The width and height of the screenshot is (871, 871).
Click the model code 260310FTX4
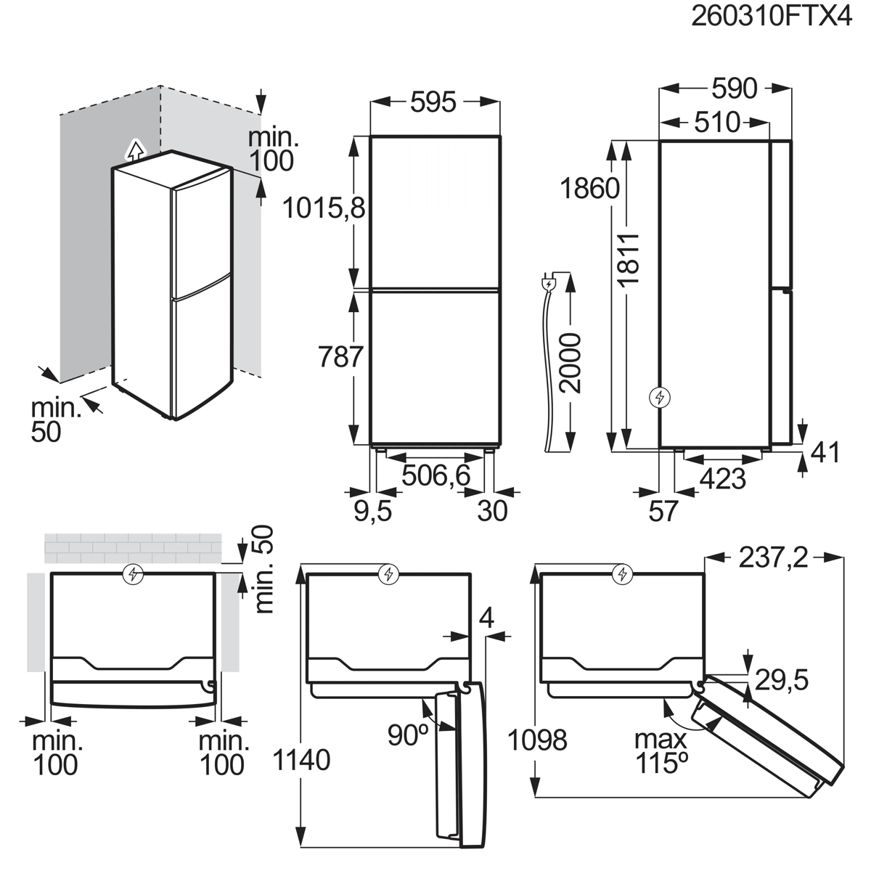pyautogui.click(x=772, y=17)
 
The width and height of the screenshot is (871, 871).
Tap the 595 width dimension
pyautogui.click(x=433, y=102)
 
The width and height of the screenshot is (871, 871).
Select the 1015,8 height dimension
pyautogui.click(x=324, y=208)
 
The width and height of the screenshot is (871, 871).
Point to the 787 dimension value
pyautogui.click(x=341, y=357)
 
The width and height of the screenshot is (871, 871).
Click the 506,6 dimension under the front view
pyautogui.click(x=436, y=475)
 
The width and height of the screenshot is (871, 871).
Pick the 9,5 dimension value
pyautogui.click(x=372, y=511)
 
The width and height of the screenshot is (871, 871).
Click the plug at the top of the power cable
pyautogui.click(x=548, y=284)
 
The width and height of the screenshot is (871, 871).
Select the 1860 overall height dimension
pyautogui.click(x=589, y=189)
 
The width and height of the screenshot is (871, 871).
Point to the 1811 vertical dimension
pyautogui.click(x=629, y=259)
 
